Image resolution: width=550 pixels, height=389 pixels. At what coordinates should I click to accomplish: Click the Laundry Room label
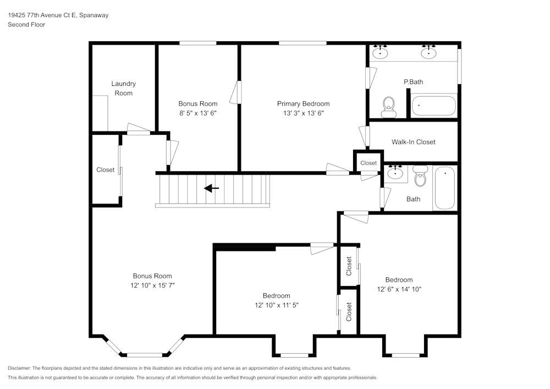pos(123,89)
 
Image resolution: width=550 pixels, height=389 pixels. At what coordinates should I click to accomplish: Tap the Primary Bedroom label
pos(303,103)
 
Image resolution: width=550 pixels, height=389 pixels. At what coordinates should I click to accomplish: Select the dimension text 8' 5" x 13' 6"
pos(197,113)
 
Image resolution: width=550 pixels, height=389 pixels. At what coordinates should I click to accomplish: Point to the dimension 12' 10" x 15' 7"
pos(152,286)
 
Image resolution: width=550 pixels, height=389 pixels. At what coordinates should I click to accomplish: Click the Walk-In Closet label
pos(413,142)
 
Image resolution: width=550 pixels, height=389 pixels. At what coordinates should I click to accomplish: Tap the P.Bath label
pos(413,82)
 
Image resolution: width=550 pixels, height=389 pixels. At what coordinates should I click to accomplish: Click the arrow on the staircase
pos(211,189)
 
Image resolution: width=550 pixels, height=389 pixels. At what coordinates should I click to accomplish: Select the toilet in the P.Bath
pos(389,106)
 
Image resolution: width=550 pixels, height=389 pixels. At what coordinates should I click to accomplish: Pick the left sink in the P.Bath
pos(380,53)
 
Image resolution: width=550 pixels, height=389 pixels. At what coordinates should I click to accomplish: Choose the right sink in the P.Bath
pos(428,53)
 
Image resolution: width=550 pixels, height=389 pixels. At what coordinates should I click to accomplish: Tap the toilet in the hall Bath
pos(421,177)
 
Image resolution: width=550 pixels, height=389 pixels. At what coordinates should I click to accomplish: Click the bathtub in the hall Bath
pos(445,188)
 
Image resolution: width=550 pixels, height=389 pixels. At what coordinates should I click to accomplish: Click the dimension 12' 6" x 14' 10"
pos(399,289)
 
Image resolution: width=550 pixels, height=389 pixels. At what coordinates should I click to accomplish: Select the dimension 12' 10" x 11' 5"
pos(276,305)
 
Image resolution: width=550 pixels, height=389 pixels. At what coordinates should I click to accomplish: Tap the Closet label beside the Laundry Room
pos(105,170)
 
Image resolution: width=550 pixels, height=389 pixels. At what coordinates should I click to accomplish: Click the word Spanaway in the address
pos(94,15)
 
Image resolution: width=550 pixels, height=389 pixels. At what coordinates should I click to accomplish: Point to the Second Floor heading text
pos(26,25)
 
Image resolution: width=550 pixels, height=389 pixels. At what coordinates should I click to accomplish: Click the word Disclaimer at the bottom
pos(19,368)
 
